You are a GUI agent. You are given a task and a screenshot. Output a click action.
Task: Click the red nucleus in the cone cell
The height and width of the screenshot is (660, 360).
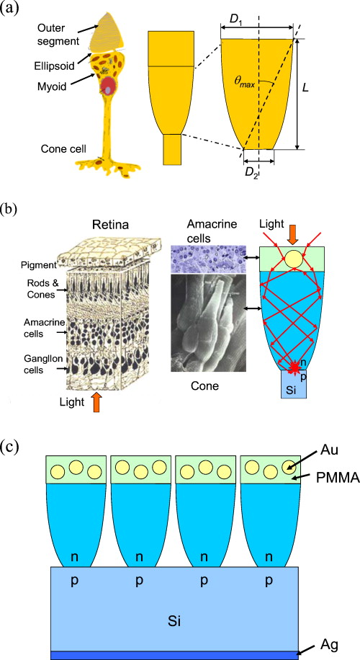click(107, 89)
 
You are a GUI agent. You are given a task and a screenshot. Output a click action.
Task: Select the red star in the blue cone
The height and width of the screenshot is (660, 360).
click(294, 368)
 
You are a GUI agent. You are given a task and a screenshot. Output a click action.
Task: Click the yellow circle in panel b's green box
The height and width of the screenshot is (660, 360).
click(294, 259)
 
